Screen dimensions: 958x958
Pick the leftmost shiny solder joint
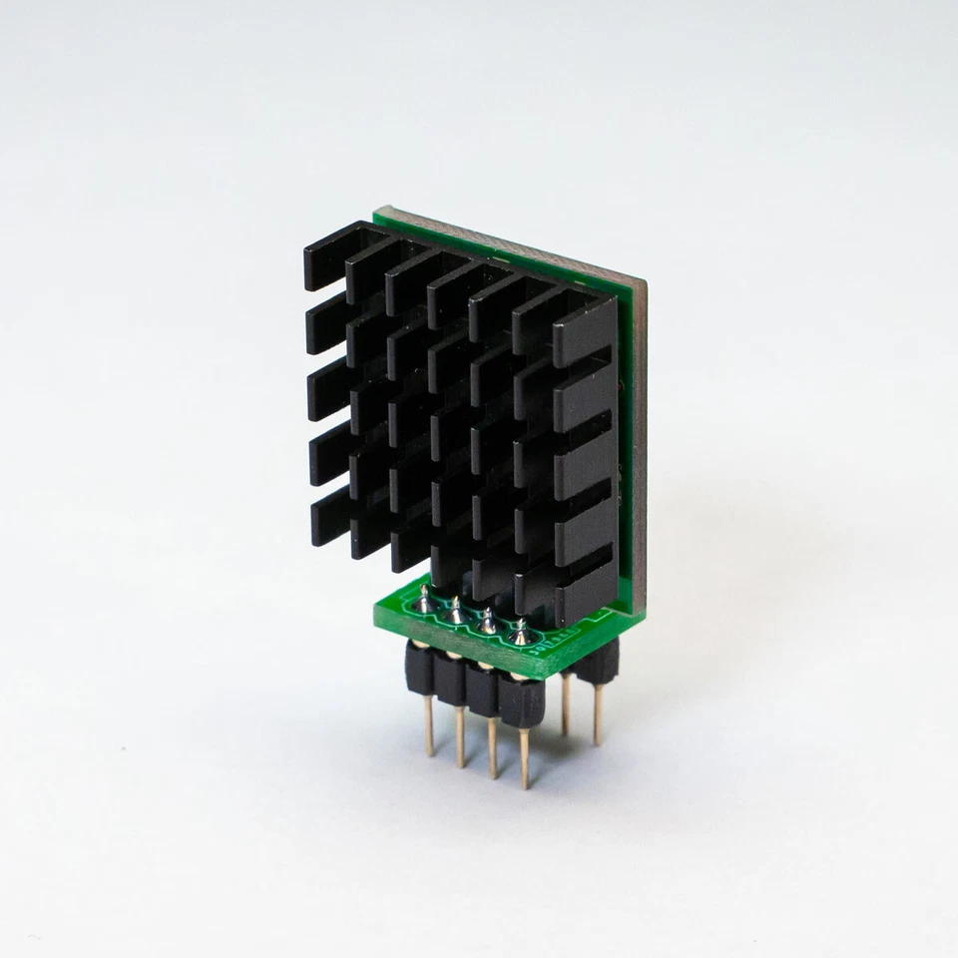point(425,599)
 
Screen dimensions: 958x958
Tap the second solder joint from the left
point(456,611)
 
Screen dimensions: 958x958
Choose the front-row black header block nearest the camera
point(521,701)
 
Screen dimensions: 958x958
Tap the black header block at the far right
point(599,661)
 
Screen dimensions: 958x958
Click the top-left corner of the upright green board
point(378,213)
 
